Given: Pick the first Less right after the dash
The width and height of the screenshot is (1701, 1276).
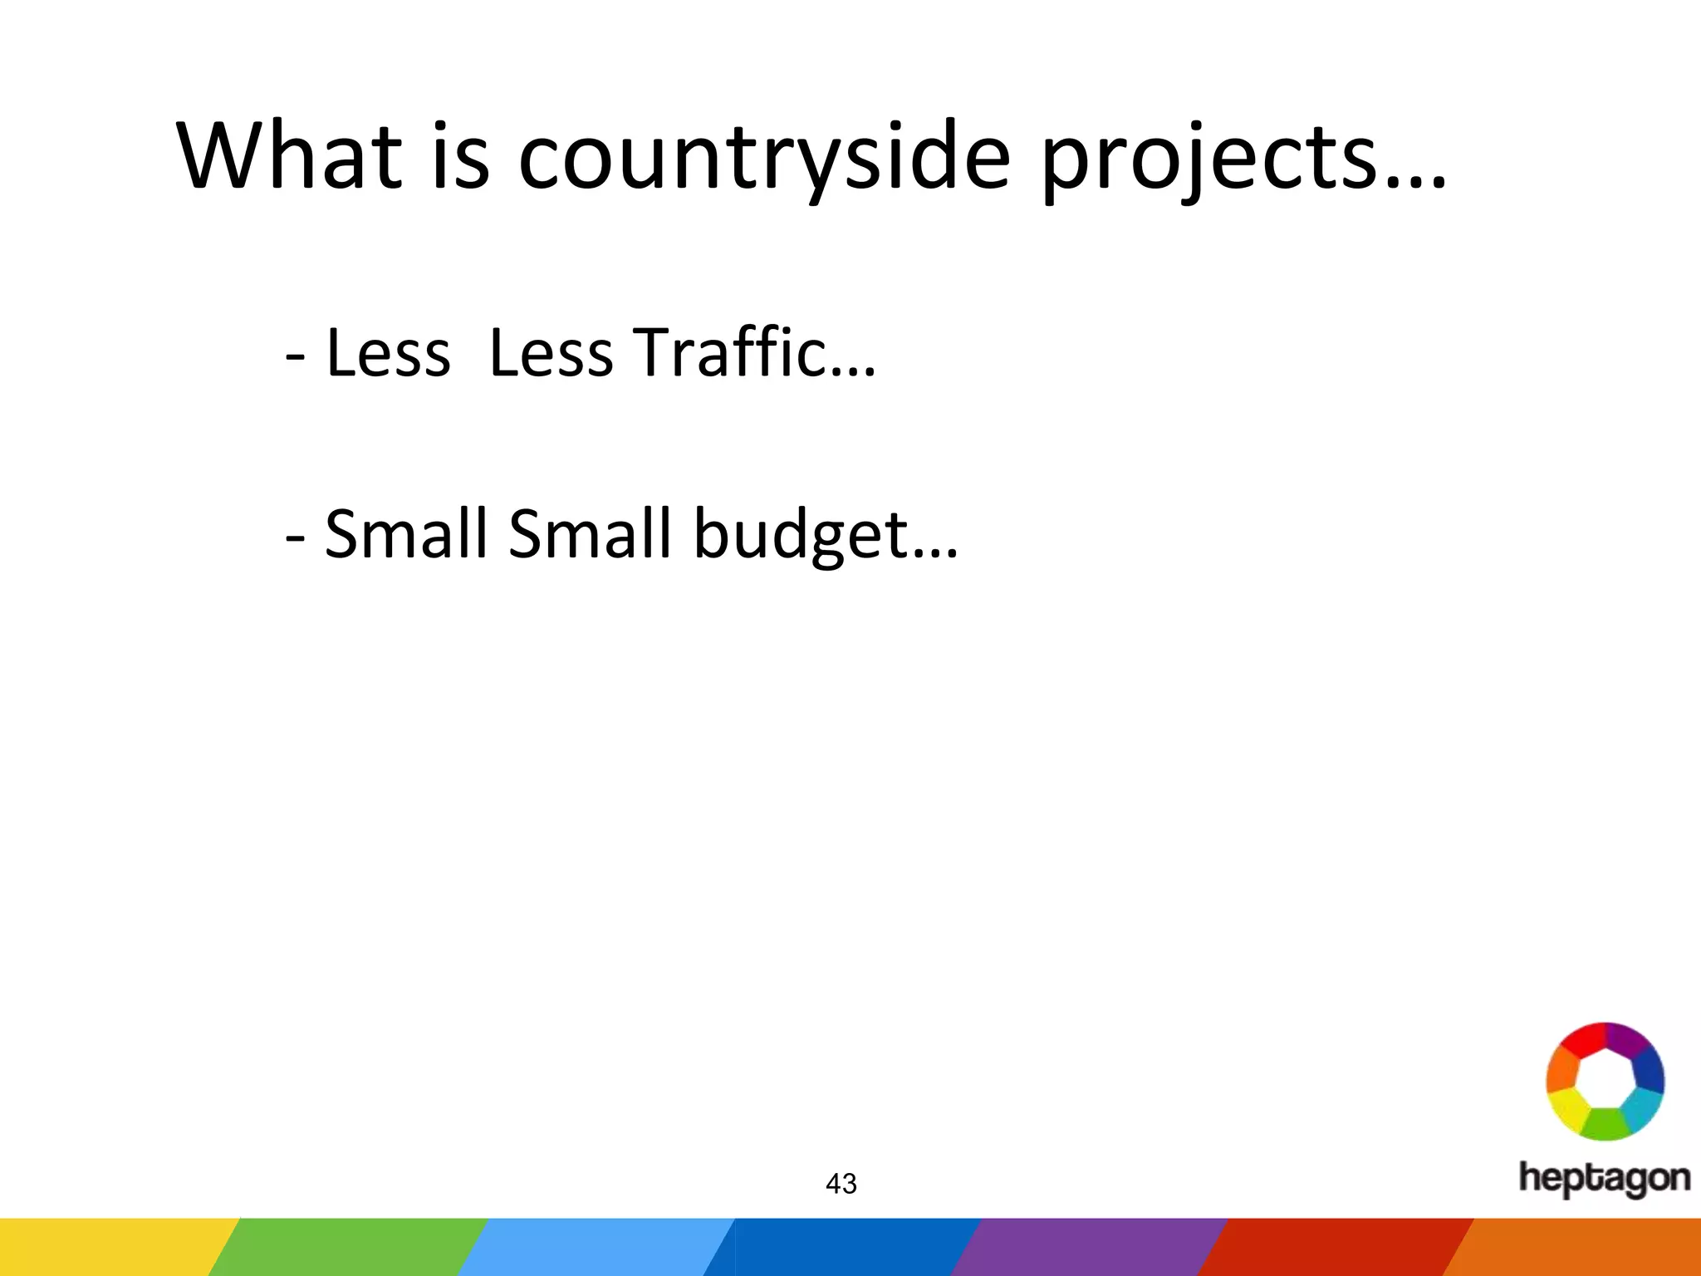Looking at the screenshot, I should pyautogui.click(x=388, y=354).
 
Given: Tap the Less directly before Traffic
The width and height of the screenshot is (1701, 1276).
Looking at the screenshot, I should pyautogui.click(x=551, y=354).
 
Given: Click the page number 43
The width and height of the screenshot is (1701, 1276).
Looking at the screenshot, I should pyautogui.click(x=841, y=1184).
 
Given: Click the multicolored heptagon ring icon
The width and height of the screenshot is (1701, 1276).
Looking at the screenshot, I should pyautogui.click(x=1605, y=1081).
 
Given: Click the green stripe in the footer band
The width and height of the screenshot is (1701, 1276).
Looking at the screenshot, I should pyautogui.click(x=349, y=1247).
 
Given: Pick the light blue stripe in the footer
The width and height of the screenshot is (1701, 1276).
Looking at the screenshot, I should pyautogui.click(x=594, y=1247).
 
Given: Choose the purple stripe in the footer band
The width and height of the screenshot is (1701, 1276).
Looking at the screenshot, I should pyautogui.click(x=1088, y=1247).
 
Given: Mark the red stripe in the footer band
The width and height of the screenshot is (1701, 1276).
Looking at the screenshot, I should pyautogui.click(x=1333, y=1247).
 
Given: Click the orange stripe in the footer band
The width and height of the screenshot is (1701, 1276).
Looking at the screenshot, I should pyautogui.click(x=1578, y=1247).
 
